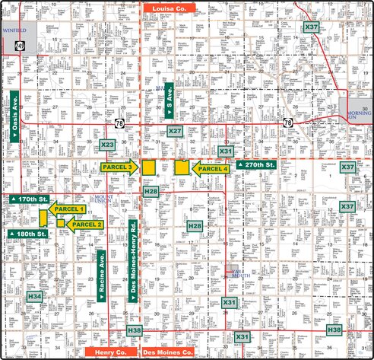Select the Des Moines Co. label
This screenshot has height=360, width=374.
pyautogui.click(x=167, y=352)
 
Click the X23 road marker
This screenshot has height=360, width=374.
pyautogui.click(x=107, y=145)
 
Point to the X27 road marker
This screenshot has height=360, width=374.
pyautogui.click(x=175, y=132)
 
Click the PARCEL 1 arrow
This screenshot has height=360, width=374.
pyautogui.click(x=67, y=209)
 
